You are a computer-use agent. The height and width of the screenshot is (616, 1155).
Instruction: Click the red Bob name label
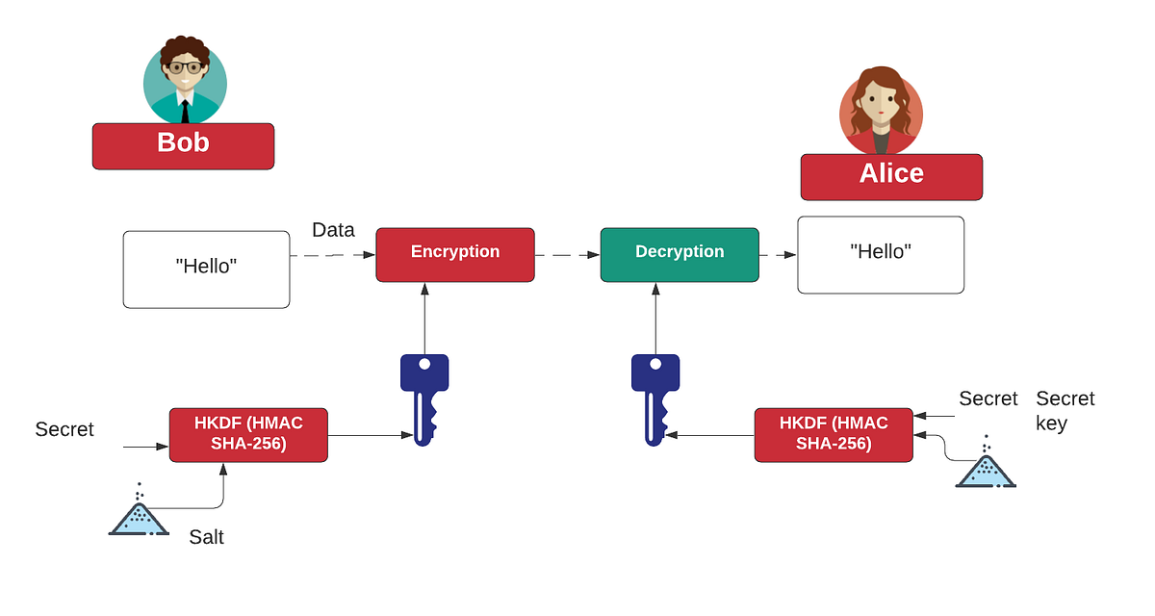point(183,145)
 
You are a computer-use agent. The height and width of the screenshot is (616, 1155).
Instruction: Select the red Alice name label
point(891,176)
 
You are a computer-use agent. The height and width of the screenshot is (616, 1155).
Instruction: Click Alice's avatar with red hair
point(881,112)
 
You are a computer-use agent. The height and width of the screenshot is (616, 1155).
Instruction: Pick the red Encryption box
point(455,254)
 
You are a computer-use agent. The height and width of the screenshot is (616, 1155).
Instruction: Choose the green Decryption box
point(680,254)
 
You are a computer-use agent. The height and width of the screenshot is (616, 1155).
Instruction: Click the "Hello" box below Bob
point(207,269)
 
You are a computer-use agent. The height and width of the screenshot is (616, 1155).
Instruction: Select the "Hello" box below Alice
point(881,254)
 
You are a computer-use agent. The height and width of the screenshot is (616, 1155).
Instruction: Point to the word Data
point(333,230)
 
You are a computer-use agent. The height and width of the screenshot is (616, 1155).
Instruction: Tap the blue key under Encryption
point(424,398)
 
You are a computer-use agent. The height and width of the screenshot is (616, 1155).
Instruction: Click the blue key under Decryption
point(654,398)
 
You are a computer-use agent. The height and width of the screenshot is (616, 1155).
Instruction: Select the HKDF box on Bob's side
point(248,434)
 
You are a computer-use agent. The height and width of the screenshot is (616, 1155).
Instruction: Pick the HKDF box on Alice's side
point(834,434)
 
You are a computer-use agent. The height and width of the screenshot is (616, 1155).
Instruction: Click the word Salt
point(206,537)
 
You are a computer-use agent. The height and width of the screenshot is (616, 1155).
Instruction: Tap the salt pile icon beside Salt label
point(139,512)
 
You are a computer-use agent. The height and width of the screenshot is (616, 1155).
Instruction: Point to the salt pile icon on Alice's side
point(986,465)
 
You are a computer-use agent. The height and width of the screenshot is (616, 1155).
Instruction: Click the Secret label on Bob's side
point(64,429)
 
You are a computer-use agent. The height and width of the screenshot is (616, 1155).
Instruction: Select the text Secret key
point(1065,410)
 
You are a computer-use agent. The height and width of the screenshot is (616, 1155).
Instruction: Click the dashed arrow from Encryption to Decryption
point(567,255)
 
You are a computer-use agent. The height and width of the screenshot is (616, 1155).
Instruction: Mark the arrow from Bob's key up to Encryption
point(423,318)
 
